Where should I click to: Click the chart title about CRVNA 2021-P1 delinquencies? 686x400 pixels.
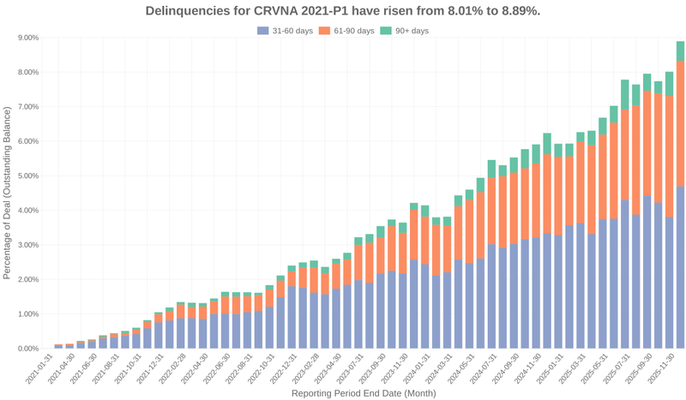click(x=343, y=11)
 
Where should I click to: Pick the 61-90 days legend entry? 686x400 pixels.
click(x=347, y=31)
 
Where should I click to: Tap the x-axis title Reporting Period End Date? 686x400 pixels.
click(x=364, y=393)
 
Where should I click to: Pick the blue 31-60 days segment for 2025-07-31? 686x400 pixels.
click(x=625, y=274)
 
